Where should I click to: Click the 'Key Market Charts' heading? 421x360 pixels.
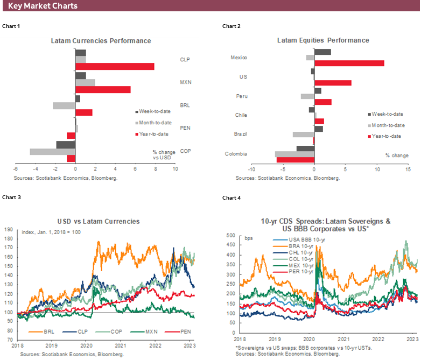tap(43, 6)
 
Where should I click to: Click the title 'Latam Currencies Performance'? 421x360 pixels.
tap(101, 41)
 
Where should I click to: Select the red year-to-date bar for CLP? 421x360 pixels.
tap(115, 66)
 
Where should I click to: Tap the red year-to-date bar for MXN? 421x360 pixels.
tap(103, 89)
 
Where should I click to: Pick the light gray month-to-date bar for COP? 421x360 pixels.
tap(52, 152)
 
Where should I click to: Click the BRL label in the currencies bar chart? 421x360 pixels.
tap(185, 105)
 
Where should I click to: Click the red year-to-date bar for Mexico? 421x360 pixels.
tap(349, 63)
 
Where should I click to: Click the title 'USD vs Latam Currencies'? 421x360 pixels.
tap(98, 221)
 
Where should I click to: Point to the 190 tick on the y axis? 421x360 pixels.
tap(8, 229)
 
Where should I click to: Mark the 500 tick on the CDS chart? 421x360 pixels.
tap(230, 236)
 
